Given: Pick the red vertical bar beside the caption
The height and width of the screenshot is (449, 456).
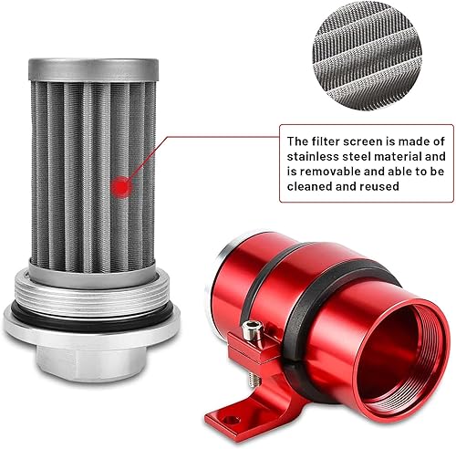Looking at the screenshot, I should pos(276,166).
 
